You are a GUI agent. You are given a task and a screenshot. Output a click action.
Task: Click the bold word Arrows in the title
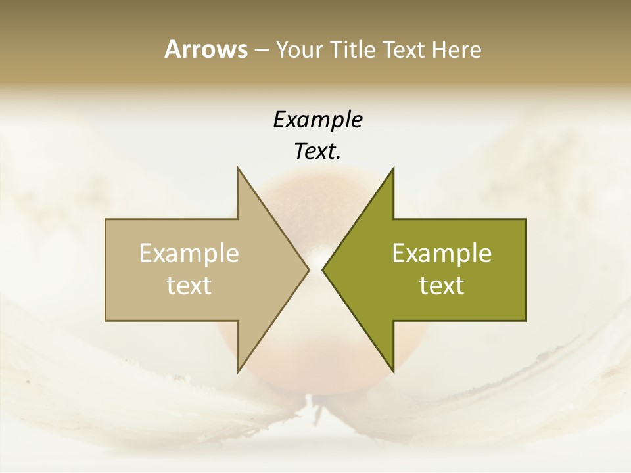205,49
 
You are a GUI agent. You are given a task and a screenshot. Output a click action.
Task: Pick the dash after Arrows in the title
261,51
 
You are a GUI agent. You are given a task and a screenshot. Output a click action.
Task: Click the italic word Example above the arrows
317,120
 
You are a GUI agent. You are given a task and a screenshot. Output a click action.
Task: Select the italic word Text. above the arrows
317,152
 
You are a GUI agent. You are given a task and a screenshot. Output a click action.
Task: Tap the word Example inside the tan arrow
189,254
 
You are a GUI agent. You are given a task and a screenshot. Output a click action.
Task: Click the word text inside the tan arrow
189,286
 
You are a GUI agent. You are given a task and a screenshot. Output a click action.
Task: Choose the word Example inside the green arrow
442,254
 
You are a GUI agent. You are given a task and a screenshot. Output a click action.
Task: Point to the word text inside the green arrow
442,286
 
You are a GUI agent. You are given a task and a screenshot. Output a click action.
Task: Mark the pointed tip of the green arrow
323,269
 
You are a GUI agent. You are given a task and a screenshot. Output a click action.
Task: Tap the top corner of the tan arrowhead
239,169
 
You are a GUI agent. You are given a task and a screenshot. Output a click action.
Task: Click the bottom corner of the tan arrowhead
239,371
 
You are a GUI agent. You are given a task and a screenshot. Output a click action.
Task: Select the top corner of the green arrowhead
393,169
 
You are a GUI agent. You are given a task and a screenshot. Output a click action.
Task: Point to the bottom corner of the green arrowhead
393,371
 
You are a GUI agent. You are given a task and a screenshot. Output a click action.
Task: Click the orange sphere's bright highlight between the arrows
316,258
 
